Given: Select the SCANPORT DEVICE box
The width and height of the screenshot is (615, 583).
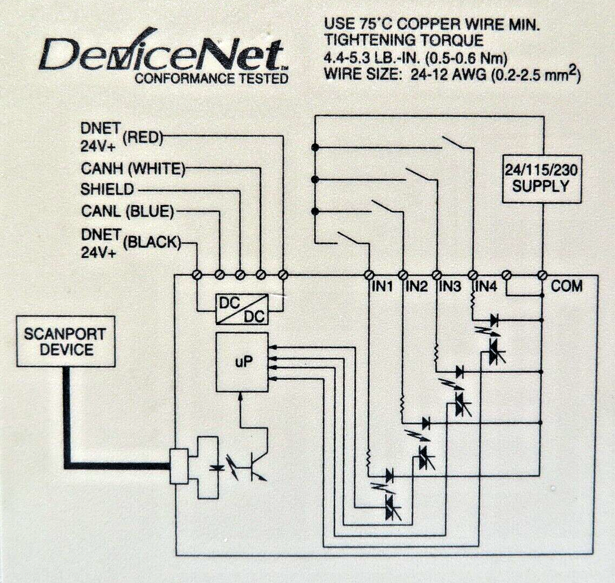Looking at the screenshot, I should coord(65,342).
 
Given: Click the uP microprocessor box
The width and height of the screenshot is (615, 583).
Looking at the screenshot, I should coord(242,362).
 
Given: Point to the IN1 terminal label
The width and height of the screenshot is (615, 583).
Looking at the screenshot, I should coord(382,287).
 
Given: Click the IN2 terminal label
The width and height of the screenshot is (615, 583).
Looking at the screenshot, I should coord(416,287).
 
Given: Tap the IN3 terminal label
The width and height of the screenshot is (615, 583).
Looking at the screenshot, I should coord(449,287).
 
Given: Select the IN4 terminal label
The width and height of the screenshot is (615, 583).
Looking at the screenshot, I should coord(486,287).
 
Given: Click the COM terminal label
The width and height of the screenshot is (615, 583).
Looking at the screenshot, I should coord(567,286).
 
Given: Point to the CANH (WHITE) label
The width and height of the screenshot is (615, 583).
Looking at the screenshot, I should coord(133,169).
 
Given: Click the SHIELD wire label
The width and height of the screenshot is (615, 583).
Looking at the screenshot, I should coord(107,190).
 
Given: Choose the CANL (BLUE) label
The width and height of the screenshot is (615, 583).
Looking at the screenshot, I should coord(127,212).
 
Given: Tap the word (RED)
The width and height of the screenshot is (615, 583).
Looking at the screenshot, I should coord(143,138).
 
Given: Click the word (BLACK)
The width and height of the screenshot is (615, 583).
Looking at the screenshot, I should coord(152,243).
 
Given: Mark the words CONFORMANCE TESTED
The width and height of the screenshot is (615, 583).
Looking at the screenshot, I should coord(211,79).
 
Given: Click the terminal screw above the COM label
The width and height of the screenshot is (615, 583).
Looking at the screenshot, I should coord(542,275).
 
